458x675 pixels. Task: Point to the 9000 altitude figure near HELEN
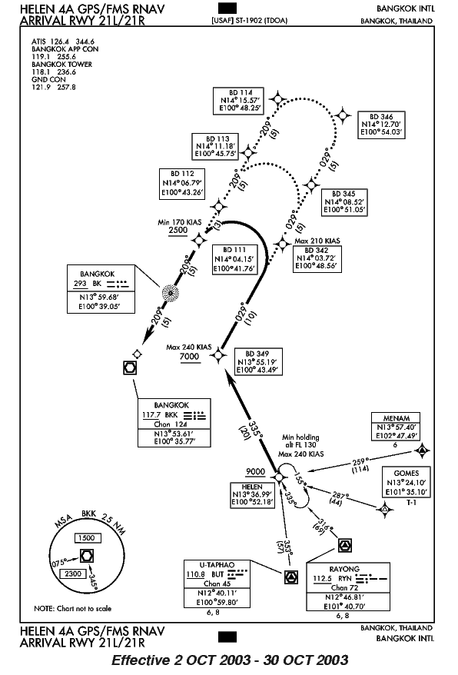255,471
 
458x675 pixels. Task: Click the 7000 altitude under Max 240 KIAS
189,356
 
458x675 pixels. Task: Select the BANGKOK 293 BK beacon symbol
171,293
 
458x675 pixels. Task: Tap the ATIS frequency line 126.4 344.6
63,42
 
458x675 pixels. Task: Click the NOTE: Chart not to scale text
73,608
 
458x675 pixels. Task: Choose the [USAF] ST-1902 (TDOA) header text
249,20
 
